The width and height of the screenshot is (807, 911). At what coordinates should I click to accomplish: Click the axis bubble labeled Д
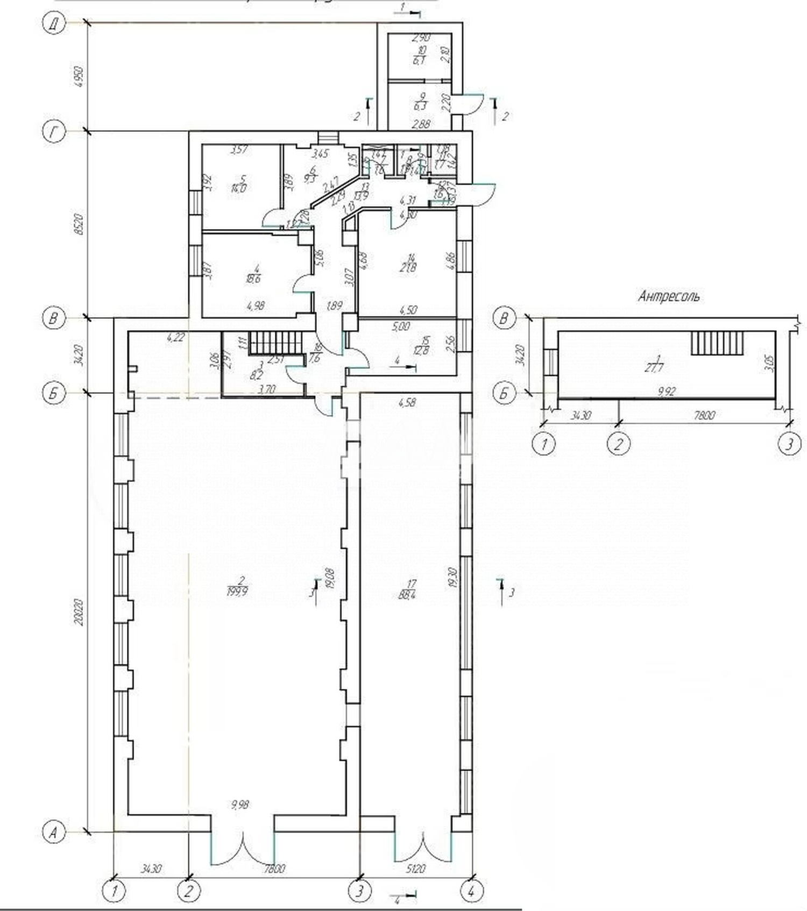tap(54, 25)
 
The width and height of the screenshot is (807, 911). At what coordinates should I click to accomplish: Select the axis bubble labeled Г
tap(54, 132)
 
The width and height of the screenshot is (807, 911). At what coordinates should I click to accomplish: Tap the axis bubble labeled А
tap(54, 832)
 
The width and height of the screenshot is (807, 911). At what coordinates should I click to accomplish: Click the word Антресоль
tap(669, 296)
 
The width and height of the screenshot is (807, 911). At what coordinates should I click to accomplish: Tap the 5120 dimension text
tap(414, 869)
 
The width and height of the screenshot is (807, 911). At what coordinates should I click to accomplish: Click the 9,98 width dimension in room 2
tap(240, 805)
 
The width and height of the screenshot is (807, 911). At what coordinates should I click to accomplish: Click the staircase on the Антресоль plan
tap(717, 343)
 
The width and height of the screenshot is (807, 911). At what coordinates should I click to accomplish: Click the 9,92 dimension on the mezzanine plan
tap(666, 392)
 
